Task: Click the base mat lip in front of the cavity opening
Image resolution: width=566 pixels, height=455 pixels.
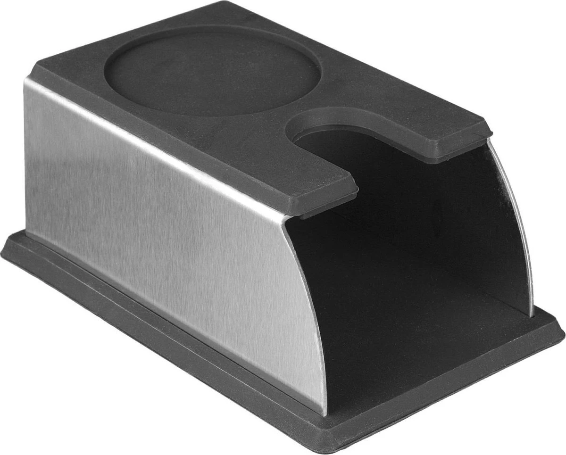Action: point(439,396)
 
